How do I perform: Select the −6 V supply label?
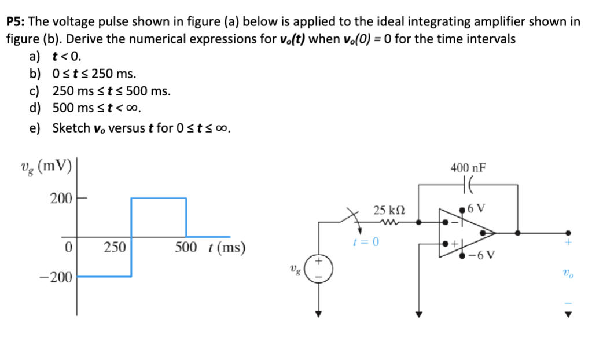coord(481,256)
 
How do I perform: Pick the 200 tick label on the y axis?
coord(60,199)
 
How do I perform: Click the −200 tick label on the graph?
coord(56,277)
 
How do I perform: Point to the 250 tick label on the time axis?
coord(115,248)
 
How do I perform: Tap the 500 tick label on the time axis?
coord(186,248)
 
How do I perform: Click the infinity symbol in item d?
coord(133,108)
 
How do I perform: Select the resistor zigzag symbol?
coord(385,221)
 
